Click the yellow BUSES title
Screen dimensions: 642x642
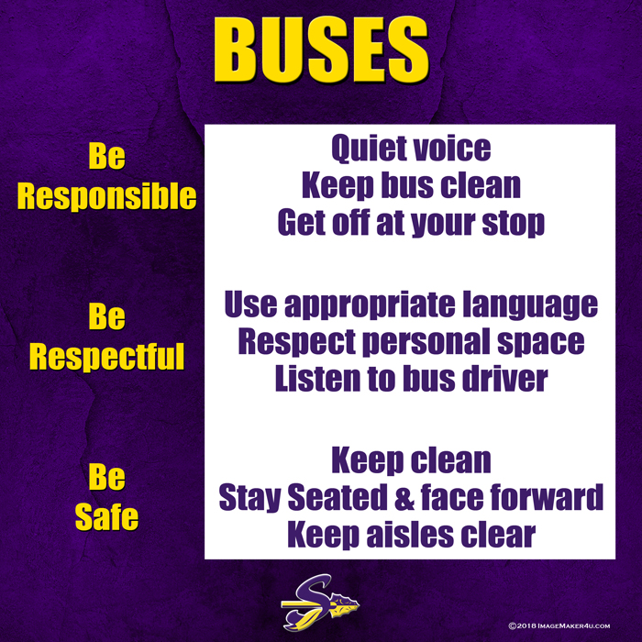tap(321, 50)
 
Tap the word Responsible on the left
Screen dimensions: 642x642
tap(107, 196)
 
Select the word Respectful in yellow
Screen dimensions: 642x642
tap(107, 356)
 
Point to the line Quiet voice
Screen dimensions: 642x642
tap(411, 149)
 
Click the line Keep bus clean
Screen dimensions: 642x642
tap(411, 186)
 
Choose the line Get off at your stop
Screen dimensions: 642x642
tap(411, 224)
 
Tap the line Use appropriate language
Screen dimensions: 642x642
tap(411, 305)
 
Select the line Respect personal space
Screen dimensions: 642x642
tap(411, 342)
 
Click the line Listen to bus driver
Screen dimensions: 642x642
tap(411, 379)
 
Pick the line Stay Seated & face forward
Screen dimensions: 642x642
tap(411, 497)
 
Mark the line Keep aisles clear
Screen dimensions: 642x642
tap(411, 535)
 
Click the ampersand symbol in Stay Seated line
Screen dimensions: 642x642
tap(404, 497)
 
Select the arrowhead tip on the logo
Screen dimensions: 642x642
tap(359, 603)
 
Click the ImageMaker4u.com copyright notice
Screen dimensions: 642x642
tap(559, 625)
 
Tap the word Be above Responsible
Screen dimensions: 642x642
tap(107, 157)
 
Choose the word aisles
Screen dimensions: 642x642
tap(410, 534)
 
